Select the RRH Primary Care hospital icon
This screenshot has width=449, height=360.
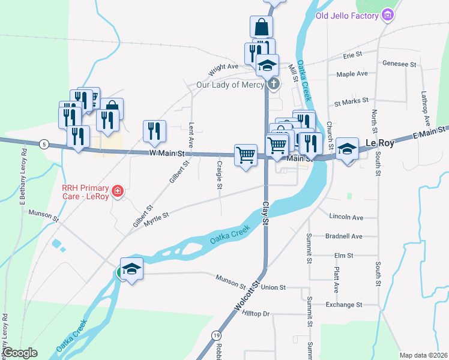(x=118, y=191)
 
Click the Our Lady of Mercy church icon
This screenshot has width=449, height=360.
(x=273, y=84)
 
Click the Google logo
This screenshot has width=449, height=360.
(x=19, y=353)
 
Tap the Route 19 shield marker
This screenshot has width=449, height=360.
(x=215, y=334)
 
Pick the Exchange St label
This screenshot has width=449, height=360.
(x=344, y=305)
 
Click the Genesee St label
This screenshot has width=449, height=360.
(x=399, y=64)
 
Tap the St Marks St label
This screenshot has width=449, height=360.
(x=351, y=102)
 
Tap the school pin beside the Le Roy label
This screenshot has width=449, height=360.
(x=347, y=148)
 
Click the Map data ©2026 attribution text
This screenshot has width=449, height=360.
(x=423, y=355)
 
